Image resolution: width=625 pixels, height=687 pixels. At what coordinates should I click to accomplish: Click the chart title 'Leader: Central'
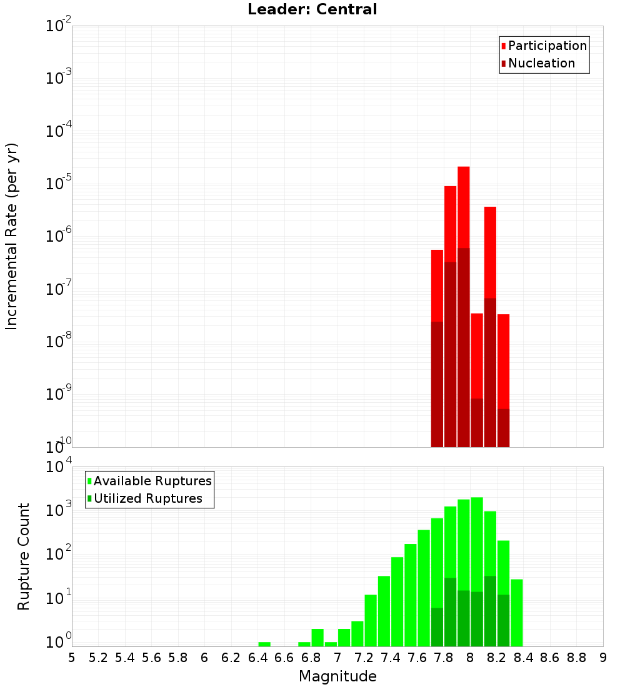(x=312, y=9)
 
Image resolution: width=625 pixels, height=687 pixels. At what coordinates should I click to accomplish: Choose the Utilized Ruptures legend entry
(x=147, y=498)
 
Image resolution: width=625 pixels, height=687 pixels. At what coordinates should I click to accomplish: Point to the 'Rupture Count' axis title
(x=24, y=556)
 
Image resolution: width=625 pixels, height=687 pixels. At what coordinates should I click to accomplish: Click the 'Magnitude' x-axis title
(x=337, y=676)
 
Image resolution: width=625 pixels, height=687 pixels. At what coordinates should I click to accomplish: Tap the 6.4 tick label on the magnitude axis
(x=257, y=658)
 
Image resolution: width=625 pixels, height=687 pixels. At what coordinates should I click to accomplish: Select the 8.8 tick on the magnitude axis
(x=576, y=658)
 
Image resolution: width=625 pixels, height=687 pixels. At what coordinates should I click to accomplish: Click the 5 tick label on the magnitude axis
(x=72, y=658)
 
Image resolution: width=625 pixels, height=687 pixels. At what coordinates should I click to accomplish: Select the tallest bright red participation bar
(x=463, y=206)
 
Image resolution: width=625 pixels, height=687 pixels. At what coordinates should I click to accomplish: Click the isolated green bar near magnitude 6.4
(x=264, y=644)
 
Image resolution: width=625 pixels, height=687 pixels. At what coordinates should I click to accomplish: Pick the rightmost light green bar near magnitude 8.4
(x=516, y=612)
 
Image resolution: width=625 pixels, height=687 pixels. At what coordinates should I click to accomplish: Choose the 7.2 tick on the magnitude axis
(x=364, y=658)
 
